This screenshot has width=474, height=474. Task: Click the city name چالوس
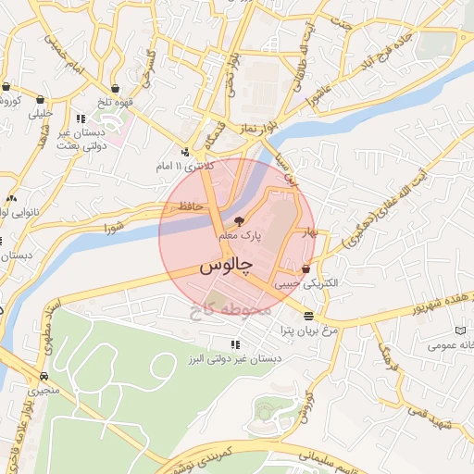coord(225,266)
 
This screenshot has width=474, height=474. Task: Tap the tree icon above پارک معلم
coord(240,222)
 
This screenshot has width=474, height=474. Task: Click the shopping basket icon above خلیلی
coord(41,99)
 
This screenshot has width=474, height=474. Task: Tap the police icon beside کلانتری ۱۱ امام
coord(185,152)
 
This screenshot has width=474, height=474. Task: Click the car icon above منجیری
coord(44,376)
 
